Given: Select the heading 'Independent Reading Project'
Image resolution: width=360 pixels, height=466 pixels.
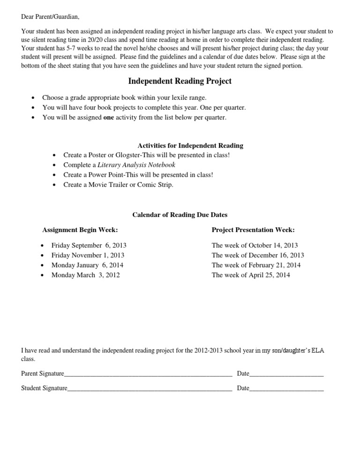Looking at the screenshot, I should [180, 82].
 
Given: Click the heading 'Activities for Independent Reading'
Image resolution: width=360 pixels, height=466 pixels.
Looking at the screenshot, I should [190, 146].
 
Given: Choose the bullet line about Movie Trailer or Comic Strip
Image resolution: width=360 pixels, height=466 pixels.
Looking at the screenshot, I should [118, 185].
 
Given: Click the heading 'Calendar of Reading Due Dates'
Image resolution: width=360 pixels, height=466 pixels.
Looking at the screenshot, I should [180, 215].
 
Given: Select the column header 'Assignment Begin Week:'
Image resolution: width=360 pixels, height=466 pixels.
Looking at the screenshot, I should [80, 230].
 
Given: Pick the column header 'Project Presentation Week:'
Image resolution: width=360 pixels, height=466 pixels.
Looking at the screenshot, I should [253, 230].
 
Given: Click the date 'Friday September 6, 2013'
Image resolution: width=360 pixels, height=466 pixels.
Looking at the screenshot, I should [89, 245].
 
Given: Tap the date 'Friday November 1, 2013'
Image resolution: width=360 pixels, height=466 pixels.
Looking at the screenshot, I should [88, 256].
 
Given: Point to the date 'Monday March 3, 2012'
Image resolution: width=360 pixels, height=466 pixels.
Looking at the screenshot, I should [85, 275].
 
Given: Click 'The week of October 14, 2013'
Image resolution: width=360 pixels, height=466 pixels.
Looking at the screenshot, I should [255, 245].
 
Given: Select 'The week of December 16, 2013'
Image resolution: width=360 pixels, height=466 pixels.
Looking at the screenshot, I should [258, 256].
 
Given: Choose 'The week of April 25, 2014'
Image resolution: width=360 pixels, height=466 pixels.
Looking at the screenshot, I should [251, 275].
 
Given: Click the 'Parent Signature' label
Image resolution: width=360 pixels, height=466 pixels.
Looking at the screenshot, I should [43, 374].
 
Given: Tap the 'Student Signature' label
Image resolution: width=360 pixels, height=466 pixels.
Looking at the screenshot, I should [44, 388].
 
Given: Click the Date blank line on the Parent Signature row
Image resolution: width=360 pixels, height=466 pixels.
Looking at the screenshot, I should [286, 375].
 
